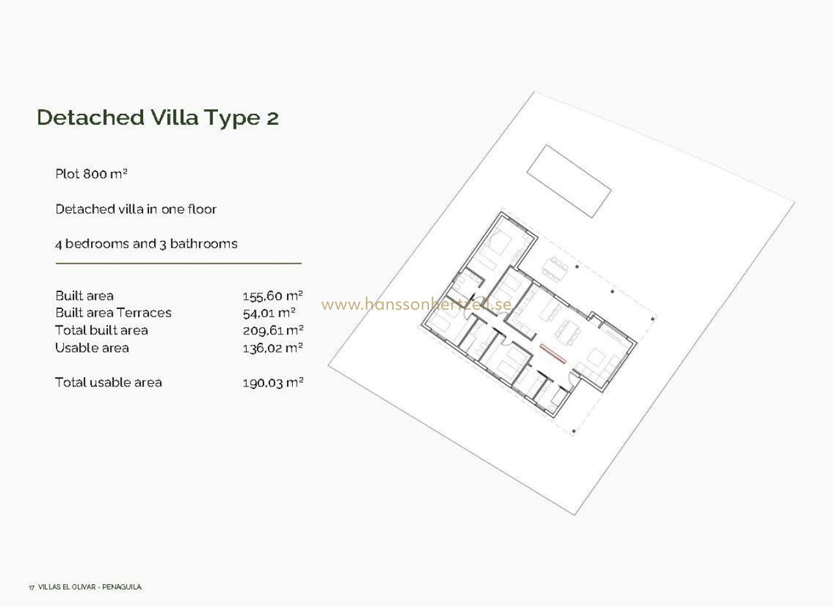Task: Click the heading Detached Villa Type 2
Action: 157,118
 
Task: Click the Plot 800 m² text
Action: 92,174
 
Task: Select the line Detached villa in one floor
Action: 136,209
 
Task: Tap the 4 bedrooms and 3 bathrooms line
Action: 146,244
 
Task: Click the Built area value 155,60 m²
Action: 273,296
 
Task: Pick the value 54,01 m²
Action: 269,313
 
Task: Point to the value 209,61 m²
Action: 273,330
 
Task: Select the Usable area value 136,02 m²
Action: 273,348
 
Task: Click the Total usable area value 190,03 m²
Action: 273,383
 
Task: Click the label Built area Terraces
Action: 113,312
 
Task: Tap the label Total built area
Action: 102,330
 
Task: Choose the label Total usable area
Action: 108,382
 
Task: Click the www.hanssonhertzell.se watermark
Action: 416,304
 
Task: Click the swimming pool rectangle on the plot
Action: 569,181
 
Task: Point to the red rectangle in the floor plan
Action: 553,353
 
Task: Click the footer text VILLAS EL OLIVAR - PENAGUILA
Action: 90,587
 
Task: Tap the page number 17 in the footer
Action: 31,587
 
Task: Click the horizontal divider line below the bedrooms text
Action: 178,263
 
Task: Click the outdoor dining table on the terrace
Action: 555,269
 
